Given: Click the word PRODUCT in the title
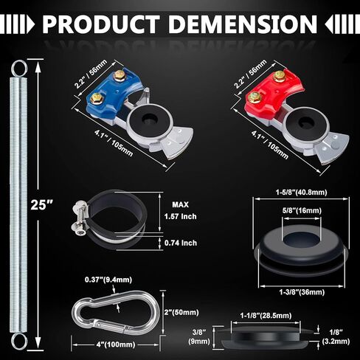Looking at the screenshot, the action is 101,24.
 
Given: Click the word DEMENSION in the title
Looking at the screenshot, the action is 243,24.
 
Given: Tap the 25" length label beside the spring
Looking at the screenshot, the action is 39,204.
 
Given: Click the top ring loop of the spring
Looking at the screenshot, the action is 19,69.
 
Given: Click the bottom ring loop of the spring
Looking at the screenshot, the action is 19,342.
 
